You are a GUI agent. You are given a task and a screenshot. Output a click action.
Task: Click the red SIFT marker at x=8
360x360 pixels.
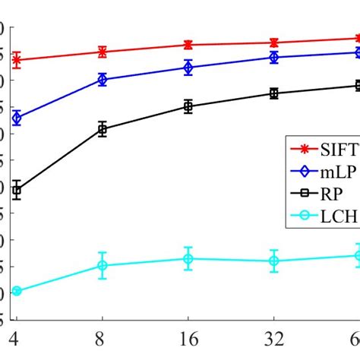pos(102,52)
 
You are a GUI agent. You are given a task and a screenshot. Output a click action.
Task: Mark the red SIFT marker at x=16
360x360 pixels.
pos(188,45)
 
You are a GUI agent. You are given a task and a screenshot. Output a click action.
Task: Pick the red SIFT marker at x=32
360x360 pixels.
pos(273,43)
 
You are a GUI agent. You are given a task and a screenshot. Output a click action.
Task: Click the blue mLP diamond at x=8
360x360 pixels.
pos(102,79)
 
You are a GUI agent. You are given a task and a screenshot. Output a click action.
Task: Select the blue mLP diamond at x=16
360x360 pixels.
pos(188,68)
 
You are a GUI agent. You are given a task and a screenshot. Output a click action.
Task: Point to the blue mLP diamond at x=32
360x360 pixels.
pos(273,57)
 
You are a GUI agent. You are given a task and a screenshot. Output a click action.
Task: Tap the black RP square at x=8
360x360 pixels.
pos(102,129)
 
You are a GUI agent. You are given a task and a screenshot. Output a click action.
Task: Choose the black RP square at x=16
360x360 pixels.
pos(188,106)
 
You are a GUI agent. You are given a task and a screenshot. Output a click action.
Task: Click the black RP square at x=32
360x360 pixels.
pos(273,93)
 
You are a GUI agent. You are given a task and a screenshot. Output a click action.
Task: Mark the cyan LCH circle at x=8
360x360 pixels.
pos(102,265)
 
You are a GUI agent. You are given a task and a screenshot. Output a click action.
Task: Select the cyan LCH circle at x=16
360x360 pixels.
pos(188,258)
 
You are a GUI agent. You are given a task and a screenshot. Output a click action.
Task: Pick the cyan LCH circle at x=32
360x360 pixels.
pos(273,261)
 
